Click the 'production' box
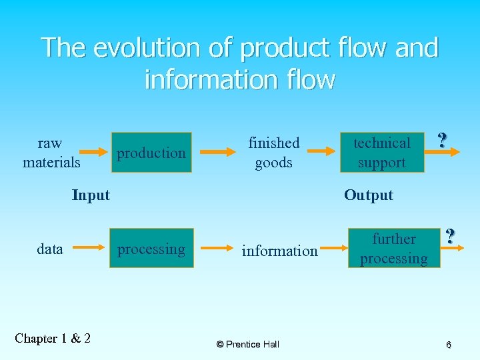click(151, 153)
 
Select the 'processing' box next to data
click(151, 249)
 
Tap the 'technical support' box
click(382, 153)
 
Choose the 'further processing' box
click(394, 249)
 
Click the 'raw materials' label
click(51, 153)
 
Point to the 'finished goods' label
click(274, 153)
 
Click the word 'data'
click(50, 249)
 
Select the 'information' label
click(279, 251)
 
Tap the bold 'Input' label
click(91, 195)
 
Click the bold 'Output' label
click(369, 195)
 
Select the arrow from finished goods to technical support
click(319, 153)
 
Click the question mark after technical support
click(442, 140)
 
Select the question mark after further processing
click(451, 236)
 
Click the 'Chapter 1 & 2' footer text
click(53, 339)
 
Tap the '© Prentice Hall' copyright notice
click(248, 344)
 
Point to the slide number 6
click(449, 345)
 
